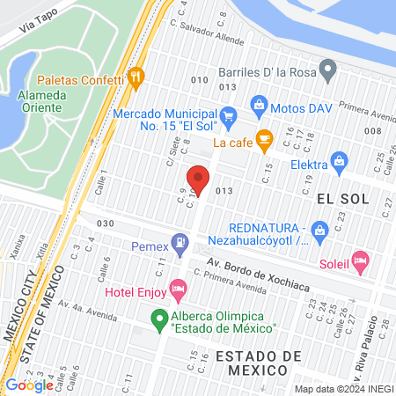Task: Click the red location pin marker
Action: [x=199, y=179]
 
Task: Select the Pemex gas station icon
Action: [x=180, y=239]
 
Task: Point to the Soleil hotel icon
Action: [x=359, y=260]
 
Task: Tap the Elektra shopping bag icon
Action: [x=338, y=160]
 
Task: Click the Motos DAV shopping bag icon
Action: [x=260, y=106]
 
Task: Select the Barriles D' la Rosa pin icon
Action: [x=328, y=67]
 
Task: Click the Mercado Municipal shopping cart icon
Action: [x=228, y=114]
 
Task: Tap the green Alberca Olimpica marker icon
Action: [x=159, y=319]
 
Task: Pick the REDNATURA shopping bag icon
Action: [x=320, y=231]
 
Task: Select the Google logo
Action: [x=29, y=385]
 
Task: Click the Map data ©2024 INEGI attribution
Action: [x=343, y=388]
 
